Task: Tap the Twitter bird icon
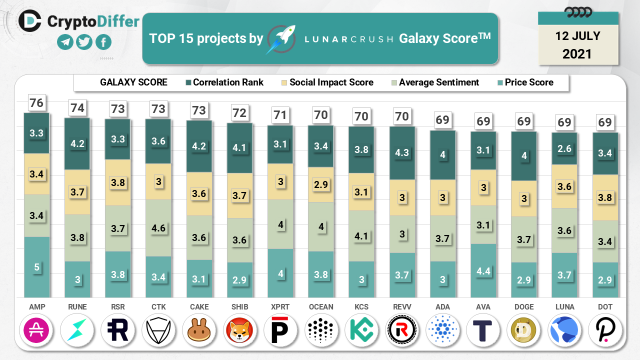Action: [x=84, y=42]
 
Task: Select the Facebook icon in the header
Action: [x=103, y=42]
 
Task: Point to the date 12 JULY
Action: [x=577, y=36]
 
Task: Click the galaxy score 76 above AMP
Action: [x=36, y=103]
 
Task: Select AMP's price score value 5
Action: [x=36, y=267]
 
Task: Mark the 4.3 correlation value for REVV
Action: [x=402, y=152]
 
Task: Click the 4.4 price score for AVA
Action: [x=483, y=270]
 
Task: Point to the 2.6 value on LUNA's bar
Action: [x=564, y=148]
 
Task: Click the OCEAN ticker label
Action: [x=321, y=307]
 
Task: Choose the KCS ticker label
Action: [x=361, y=307]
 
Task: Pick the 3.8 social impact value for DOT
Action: [x=605, y=197]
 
